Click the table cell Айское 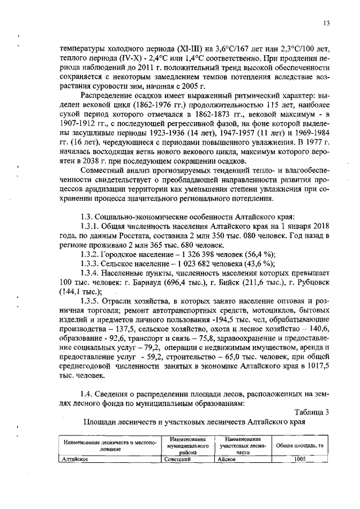[x=227, y=459]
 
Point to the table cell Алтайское [x=76, y=459]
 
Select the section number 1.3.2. [x=92, y=253]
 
